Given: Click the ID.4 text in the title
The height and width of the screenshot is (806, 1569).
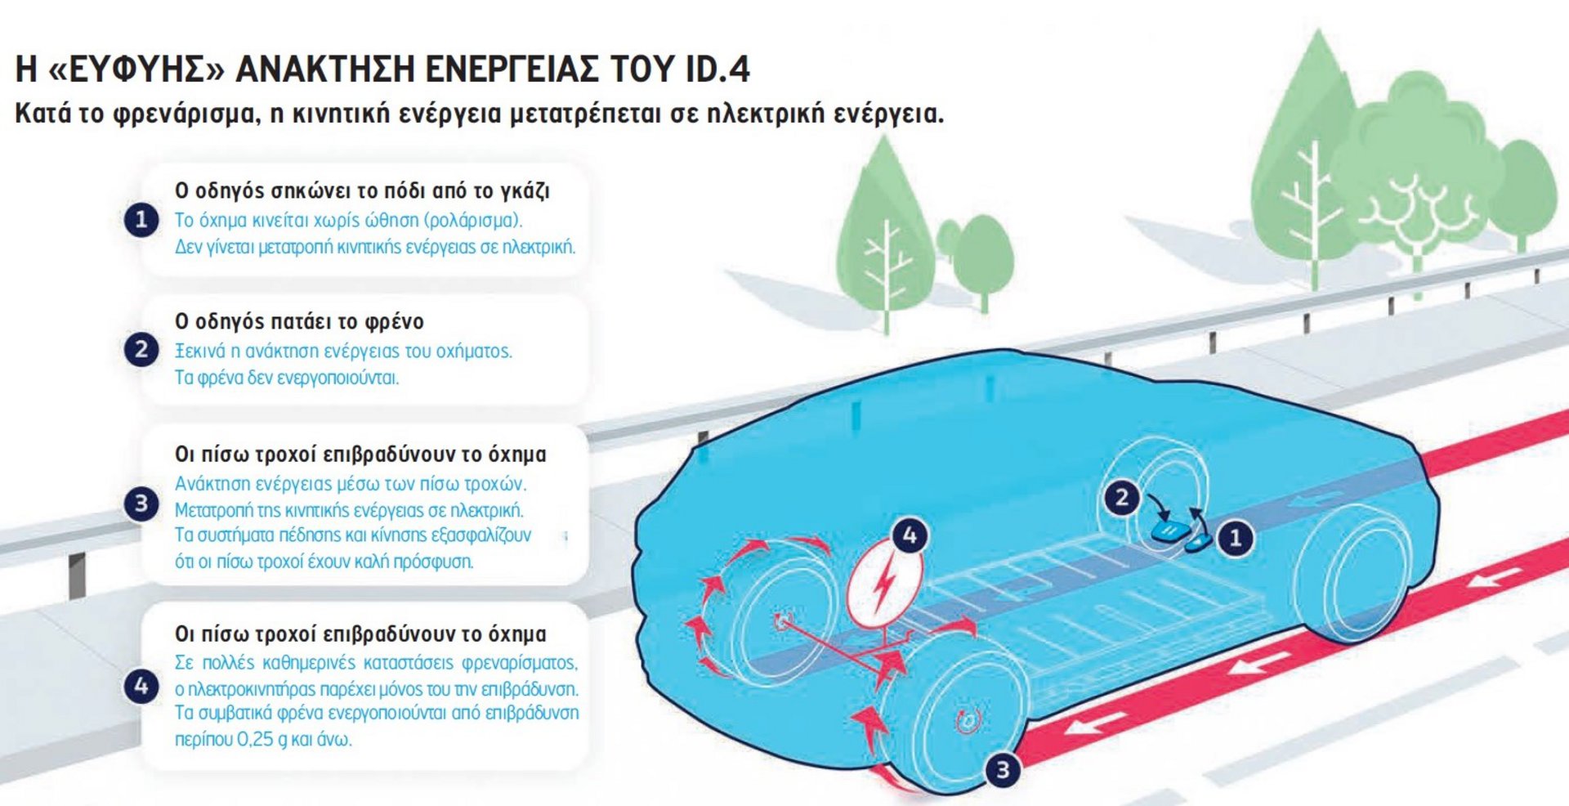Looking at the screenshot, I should (x=717, y=69).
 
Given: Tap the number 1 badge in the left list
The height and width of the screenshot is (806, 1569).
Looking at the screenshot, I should (x=141, y=219).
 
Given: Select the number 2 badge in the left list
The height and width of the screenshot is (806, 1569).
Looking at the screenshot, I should (x=141, y=350).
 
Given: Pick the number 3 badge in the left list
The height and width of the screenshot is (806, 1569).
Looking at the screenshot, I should (x=141, y=504).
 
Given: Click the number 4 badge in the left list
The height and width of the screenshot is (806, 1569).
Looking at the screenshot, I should (x=141, y=686).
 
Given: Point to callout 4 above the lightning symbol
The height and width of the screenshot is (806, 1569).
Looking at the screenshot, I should (x=910, y=535).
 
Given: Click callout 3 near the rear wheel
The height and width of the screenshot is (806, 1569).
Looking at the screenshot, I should (x=1002, y=769).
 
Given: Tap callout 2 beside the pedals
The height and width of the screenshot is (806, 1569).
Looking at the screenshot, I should (x=1121, y=498).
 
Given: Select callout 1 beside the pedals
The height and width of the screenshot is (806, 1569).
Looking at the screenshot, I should (x=1236, y=538).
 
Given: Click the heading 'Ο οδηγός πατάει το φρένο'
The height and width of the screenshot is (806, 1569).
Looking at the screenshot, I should (x=299, y=321).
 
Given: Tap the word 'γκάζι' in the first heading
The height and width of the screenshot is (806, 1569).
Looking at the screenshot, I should (x=525, y=191).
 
